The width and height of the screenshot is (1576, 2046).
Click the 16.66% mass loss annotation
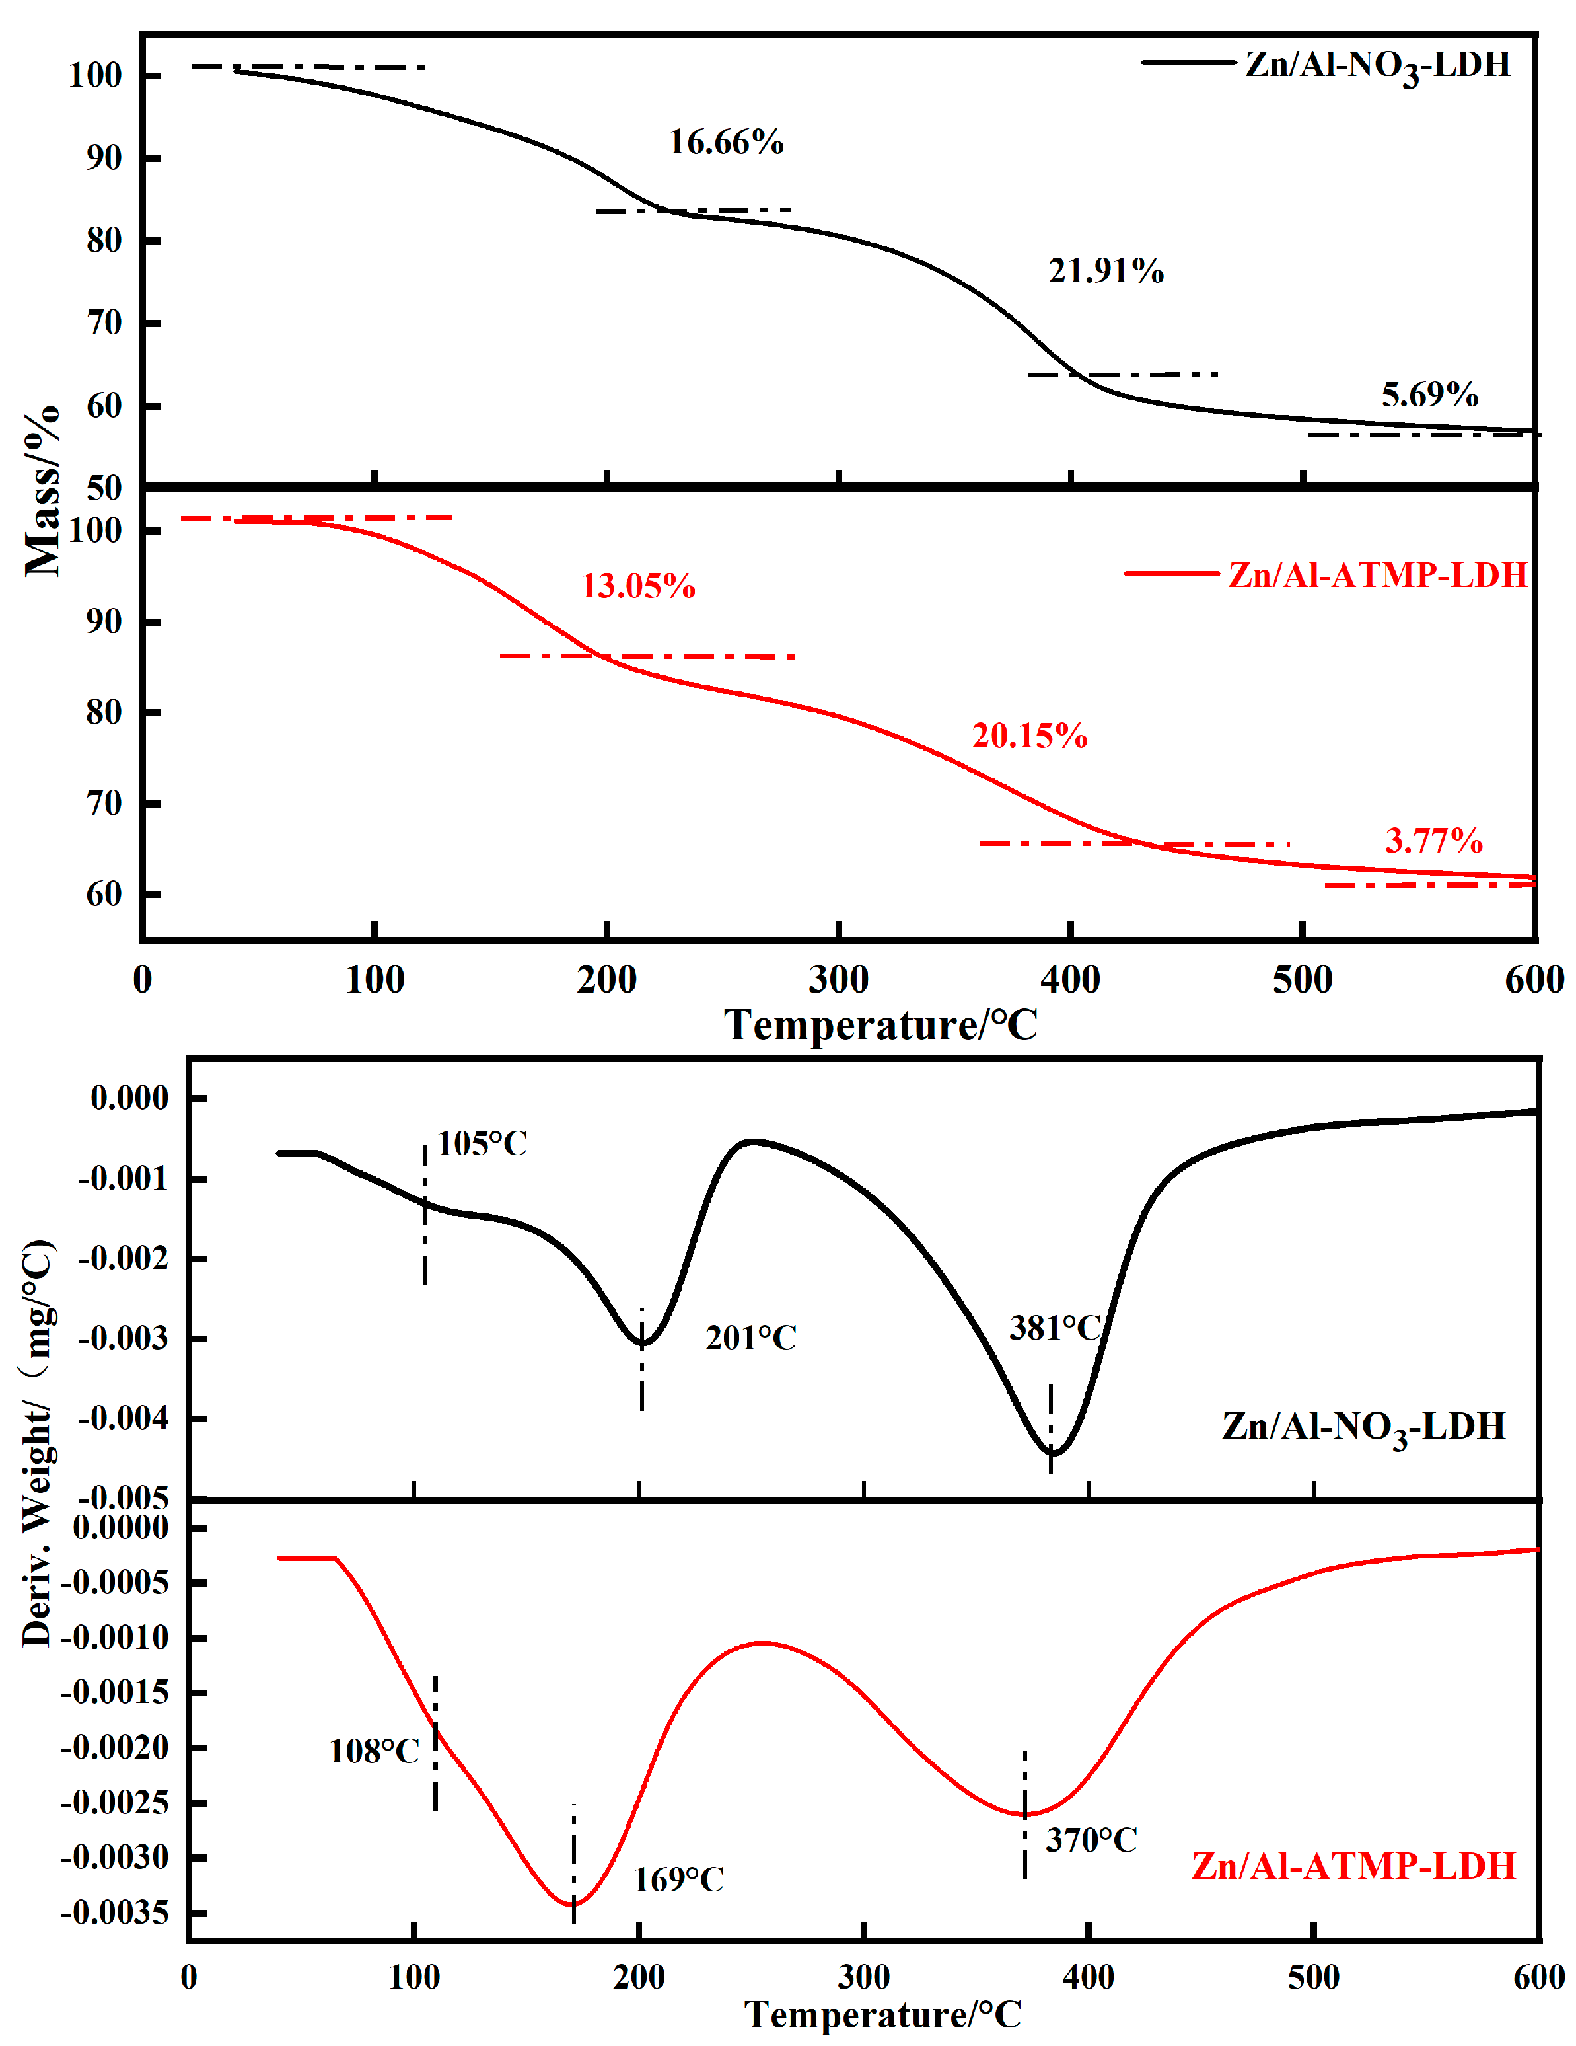click(726, 142)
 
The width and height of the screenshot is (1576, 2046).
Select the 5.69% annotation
click(1430, 395)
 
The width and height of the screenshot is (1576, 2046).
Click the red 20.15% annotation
click(1029, 736)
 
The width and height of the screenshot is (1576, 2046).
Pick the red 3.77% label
click(1434, 841)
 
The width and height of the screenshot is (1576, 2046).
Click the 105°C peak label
click(482, 1144)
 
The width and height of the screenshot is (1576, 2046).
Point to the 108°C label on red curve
click(374, 1752)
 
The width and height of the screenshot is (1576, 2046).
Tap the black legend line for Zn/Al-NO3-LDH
click(1188, 63)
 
